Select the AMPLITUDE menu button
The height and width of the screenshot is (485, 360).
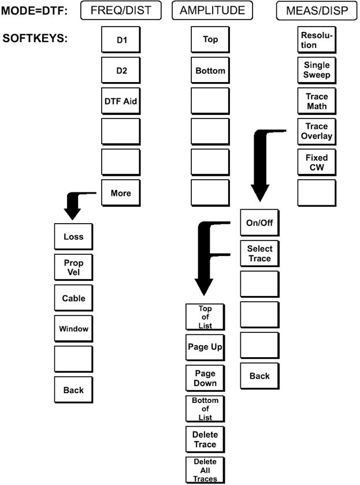[212, 10]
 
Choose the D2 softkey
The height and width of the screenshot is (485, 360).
[121, 71]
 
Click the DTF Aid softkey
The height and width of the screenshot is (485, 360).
[121, 101]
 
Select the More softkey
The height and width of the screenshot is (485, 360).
[121, 194]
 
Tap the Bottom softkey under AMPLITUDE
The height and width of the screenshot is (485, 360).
[210, 71]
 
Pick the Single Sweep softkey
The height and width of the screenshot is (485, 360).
[317, 71]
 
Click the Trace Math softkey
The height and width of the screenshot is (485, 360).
[317, 101]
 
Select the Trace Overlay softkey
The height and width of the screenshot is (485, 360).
[317, 132]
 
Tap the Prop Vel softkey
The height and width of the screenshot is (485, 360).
[73, 267]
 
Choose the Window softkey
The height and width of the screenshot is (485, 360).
[73, 329]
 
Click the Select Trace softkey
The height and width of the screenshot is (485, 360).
[259, 254]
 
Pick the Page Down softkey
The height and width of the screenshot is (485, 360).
[205, 379]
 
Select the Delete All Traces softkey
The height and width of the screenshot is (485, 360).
[205, 470]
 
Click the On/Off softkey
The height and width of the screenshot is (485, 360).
[259, 223]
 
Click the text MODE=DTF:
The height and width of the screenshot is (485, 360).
[35, 10]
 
